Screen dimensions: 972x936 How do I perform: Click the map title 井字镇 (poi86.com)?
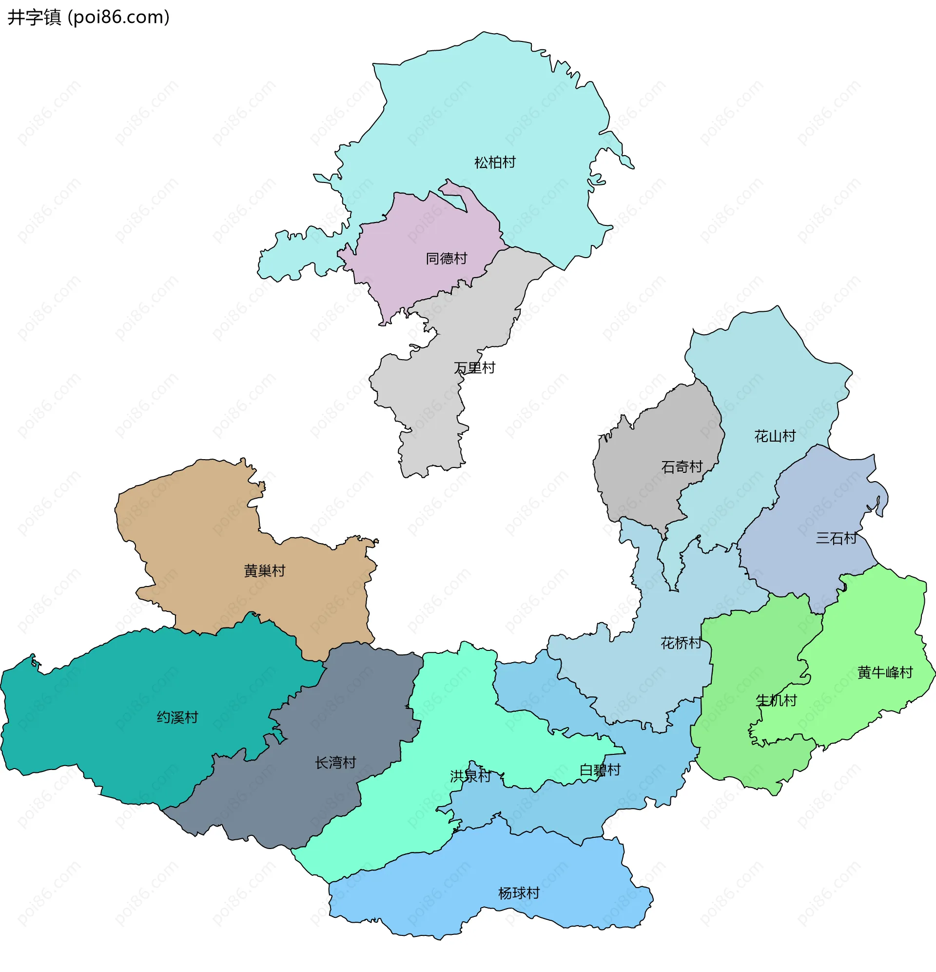89,18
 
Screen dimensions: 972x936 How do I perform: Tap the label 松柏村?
494,162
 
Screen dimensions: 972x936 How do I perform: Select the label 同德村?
446,259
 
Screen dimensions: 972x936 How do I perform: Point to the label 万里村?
474,367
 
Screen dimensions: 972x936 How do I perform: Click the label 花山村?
775,436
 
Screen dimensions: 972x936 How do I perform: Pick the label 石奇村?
682,466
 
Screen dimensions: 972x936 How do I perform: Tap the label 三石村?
836,538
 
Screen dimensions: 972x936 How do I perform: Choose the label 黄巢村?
264,571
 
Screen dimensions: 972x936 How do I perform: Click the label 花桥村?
681,643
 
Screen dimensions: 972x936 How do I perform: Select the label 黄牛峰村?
885,672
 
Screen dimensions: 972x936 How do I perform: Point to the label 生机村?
776,700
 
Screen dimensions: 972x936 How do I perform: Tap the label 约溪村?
177,717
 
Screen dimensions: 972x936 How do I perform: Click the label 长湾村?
335,762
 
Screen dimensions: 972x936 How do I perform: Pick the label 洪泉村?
470,776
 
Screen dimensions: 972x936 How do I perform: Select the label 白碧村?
600,769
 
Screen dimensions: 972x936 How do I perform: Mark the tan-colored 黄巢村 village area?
198,536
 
